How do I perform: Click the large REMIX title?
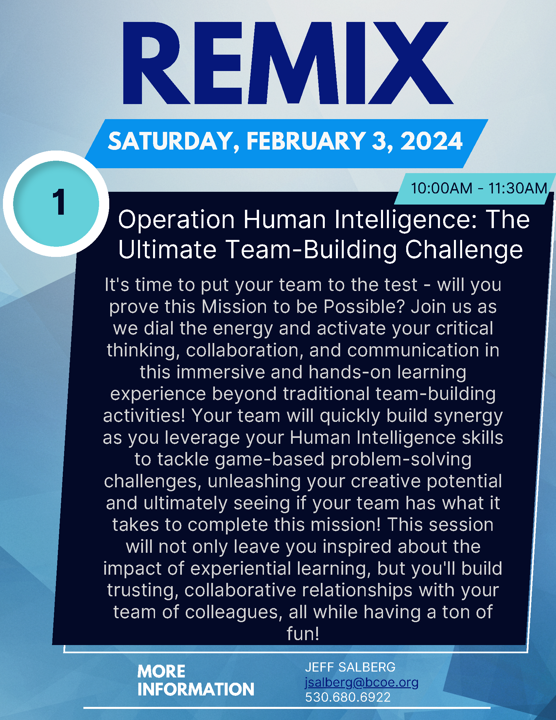tap(288, 63)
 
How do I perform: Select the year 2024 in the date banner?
tap(431, 141)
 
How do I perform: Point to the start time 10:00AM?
tap(442, 188)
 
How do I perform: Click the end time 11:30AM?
tap(517, 188)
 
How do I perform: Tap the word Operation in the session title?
tap(177, 221)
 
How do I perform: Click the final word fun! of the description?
tap(303, 634)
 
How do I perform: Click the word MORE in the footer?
tap(161, 672)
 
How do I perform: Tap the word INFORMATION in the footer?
tap(196, 689)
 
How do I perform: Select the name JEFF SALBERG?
tap(350, 667)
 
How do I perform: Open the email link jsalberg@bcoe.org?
tap(362, 682)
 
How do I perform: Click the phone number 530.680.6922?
tap(348, 697)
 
